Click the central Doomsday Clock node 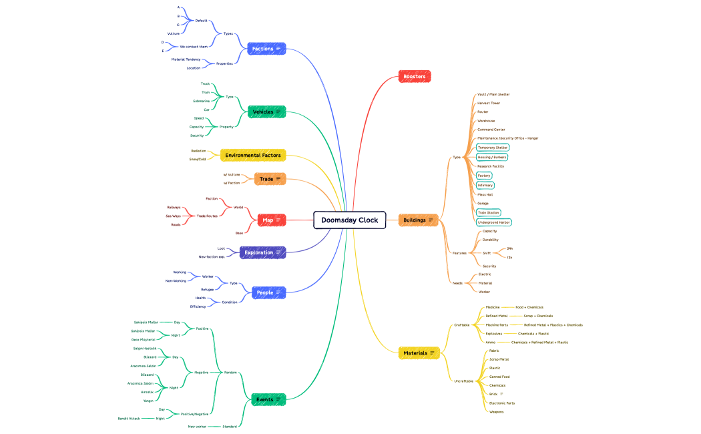[x=349, y=220]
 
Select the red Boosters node [x=414, y=77]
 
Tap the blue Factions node [x=266, y=49]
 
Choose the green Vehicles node [x=266, y=112]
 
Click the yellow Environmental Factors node [x=253, y=155]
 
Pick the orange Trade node [x=270, y=179]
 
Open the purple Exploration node [x=262, y=252]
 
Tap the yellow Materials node [x=419, y=353]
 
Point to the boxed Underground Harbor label [x=494, y=222]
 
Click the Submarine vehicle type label [x=201, y=101]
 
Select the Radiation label [x=198, y=151]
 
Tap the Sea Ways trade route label [x=173, y=216]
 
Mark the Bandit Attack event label [x=129, y=419]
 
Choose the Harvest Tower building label [x=488, y=103]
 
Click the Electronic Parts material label [x=501, y=403]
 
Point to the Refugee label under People [x=207, y=289]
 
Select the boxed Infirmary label [x=485, y=185]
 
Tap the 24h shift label [x=509, y=248]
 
